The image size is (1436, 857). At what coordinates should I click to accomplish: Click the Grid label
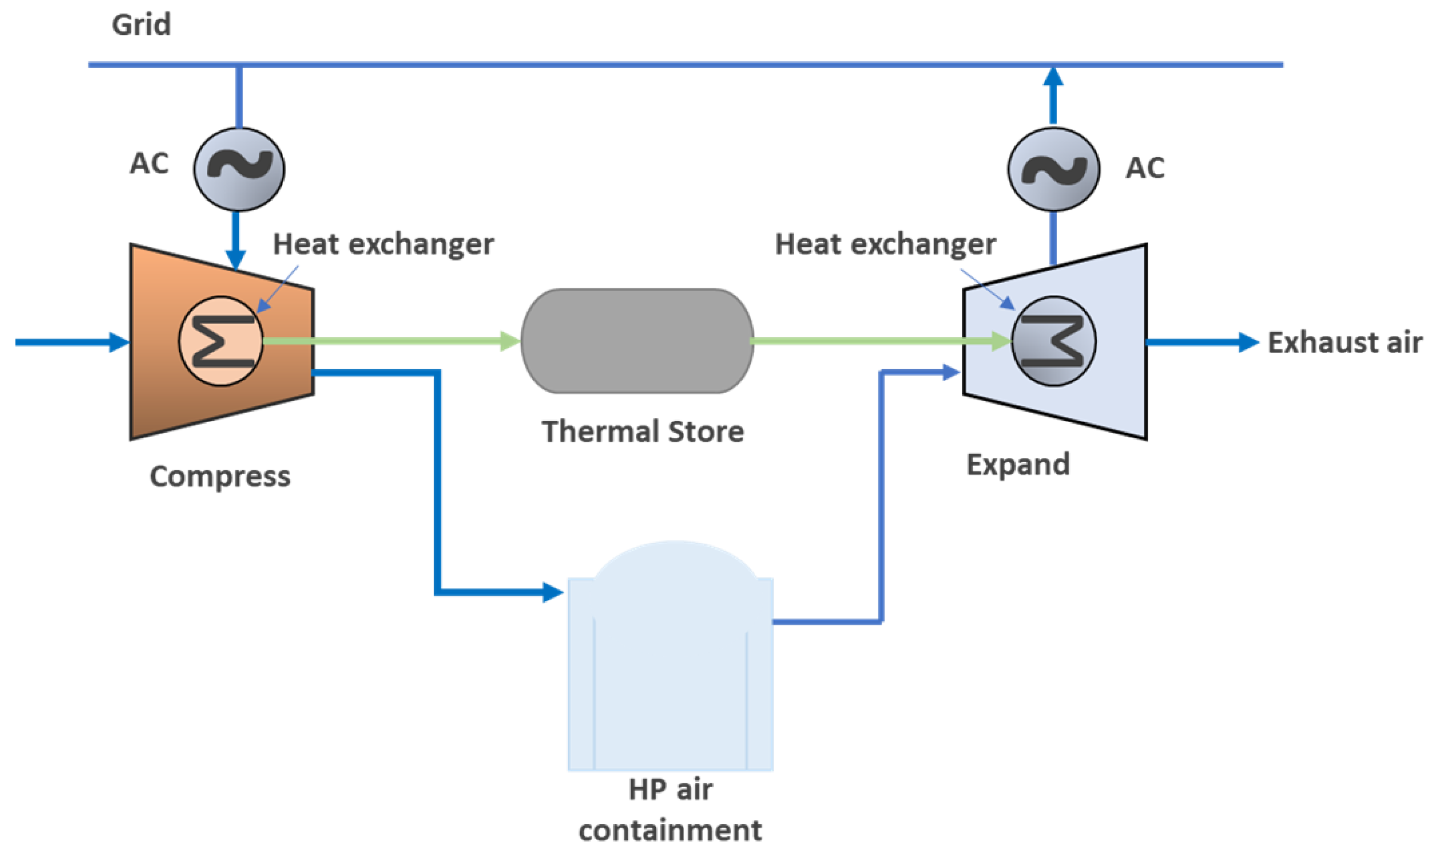141,25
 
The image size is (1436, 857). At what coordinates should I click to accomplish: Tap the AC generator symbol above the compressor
238,168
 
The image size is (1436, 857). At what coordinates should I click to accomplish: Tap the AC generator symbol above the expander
1053,168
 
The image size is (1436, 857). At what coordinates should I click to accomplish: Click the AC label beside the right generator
1145,168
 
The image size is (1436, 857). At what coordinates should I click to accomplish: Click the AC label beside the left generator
149,164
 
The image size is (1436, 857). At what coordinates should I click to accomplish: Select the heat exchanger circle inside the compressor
221,341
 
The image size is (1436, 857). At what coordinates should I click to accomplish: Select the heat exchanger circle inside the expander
1053,341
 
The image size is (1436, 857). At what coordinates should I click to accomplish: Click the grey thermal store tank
637,341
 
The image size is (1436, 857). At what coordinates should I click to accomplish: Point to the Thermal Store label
643,432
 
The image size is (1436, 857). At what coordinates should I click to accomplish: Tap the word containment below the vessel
670,831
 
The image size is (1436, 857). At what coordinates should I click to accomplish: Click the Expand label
1018,464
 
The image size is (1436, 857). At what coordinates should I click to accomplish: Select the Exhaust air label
1345,343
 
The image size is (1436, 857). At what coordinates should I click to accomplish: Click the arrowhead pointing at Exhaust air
1248,343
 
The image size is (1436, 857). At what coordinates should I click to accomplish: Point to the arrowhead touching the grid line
1053,77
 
